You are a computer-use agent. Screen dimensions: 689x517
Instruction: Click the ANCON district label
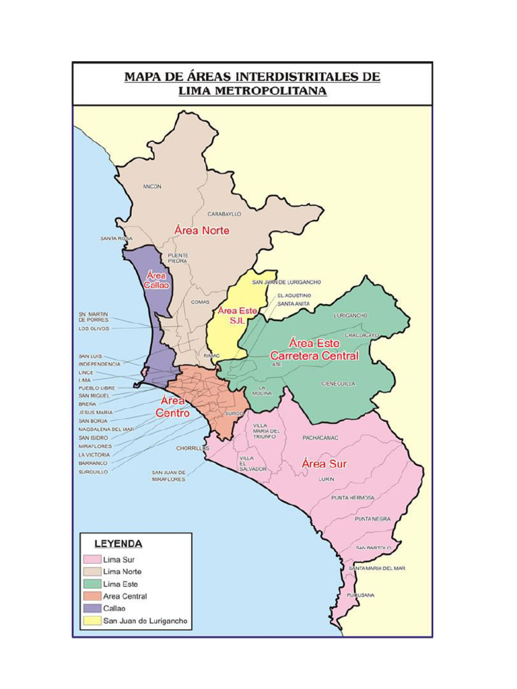pyautogui.click(x=152, y=186)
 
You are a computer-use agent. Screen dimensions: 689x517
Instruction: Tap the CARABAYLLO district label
pyautogui.click(x=223, y=214)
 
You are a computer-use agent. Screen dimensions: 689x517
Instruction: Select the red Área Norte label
pyautogui.click(x=202, y=230)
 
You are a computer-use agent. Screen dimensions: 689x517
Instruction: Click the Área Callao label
pyautogui.click(x=157, y=280)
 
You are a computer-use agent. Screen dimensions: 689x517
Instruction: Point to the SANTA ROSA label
pyautogui.click(x=116, y=238)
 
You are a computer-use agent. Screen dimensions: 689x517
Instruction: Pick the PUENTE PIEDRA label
pyautogui.click(x=178, y=258)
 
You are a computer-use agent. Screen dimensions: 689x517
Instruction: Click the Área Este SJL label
pyautogui.click(x=234, y=316)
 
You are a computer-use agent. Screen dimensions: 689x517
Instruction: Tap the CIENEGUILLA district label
pyautogui.click(x=338, y=384)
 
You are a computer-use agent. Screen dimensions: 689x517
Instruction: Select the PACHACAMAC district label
pyautogui.click(x=320, y=437)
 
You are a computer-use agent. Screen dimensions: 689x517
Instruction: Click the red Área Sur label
pyautogui.click(x=324, y=464)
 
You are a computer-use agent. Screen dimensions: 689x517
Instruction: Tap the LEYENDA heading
pyautogui.click(x=118, y=543)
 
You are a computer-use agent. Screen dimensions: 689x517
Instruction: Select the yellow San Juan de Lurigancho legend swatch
pyautogui.click(x=92, y=620)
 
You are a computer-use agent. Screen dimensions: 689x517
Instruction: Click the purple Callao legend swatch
pyautogui.click(x=92, y=608)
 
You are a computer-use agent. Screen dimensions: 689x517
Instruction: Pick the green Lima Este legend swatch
pyautogui.click(x=92, y=584)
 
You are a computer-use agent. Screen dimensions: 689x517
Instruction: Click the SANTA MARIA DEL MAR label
pyautogui.click(x=377, y=568)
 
